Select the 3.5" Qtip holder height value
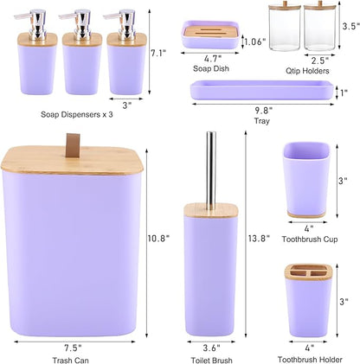[x=350, y=26]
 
